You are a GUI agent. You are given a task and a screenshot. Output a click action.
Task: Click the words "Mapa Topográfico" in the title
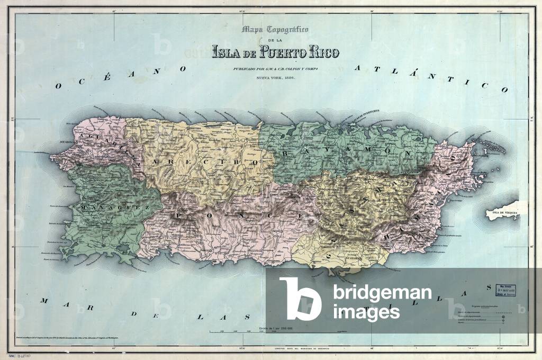pos(275,30)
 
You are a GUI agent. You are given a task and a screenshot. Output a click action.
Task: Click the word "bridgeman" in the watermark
pos(382,293)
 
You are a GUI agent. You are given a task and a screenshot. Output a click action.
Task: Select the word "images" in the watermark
pos(366,312)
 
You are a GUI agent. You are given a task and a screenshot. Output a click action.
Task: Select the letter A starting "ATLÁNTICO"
pos(358,68)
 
